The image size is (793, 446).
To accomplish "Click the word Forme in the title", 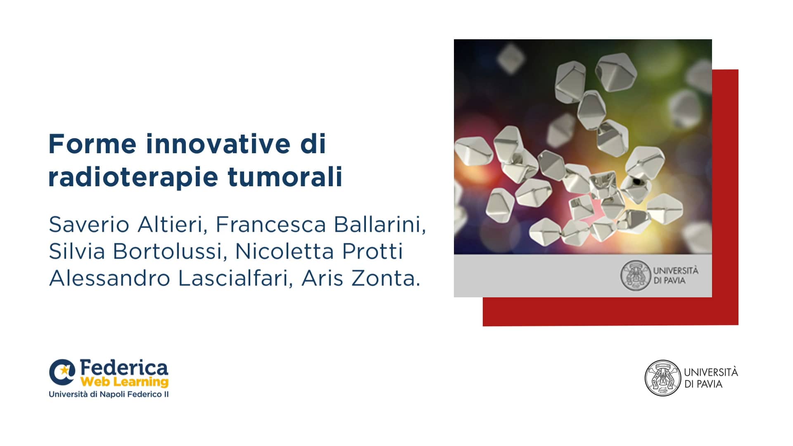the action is [92, 144].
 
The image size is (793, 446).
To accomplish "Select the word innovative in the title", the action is [218, 144].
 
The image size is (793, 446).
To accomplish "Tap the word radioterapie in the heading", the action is [133, 177].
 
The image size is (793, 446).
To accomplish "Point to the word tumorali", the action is [285, 177].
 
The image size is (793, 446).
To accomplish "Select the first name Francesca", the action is [271, 225].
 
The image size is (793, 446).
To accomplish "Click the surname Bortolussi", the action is [170, 251].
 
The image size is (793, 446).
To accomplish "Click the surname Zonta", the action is [383, 278].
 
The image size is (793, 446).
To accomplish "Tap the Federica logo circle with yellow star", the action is [62, 372].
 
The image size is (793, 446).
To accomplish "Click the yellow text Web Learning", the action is [124, 382].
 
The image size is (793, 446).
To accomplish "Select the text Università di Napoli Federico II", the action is [109, 394].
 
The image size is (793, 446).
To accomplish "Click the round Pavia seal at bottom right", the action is [662, 378].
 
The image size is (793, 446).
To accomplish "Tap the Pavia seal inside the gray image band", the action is [635, 275].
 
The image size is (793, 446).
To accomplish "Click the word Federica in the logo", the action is [124, 367].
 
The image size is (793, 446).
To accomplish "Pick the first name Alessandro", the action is [109, 278].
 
